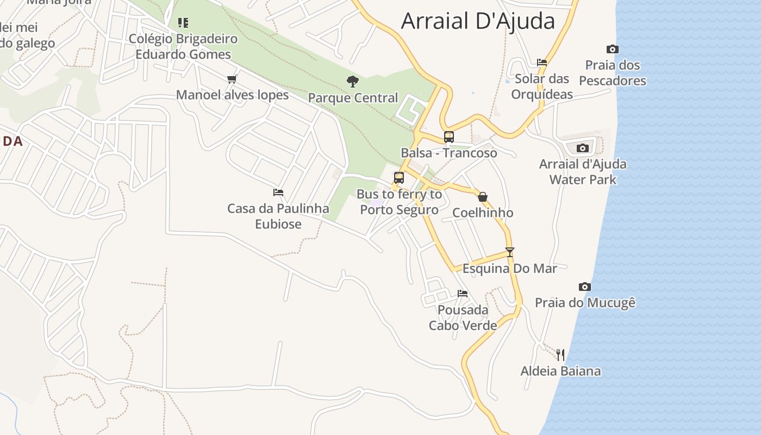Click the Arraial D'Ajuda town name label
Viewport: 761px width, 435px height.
[x=478, y=21]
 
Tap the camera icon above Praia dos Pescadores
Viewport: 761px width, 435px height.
[x=613, y=49]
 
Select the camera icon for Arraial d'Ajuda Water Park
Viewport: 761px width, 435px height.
[x=582, y=148]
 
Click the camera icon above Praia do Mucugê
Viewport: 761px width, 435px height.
[x=584, y=287]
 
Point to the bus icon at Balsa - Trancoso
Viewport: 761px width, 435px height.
[x=448, y=137]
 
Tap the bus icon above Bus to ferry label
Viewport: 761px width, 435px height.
[x=399, y=178]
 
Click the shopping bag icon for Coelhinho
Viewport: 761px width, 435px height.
[x=482, y=197]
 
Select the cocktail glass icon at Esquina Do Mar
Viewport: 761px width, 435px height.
[x=509, y=252]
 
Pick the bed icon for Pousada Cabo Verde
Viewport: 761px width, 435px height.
[x=463, y=294]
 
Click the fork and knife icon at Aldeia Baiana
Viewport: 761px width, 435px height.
[x=560, y=355]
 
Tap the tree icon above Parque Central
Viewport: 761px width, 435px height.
[x=353, y=82]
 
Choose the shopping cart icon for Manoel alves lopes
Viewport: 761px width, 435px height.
[x=232, y=79]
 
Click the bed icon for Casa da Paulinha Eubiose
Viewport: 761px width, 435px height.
[x=278, y=192]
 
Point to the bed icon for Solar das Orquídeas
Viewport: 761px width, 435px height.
[x=541, y=63]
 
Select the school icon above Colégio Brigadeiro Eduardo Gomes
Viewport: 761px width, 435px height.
[x=183, y=23]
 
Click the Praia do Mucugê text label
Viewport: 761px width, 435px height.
[x=585, y=303]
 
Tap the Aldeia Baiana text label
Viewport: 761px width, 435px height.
[x=560, y=371]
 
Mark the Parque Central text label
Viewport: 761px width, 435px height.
[x=353, y=98]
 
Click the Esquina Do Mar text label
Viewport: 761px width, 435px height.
[x=509, y=269]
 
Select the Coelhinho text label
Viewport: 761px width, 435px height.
[x=482, y=213]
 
